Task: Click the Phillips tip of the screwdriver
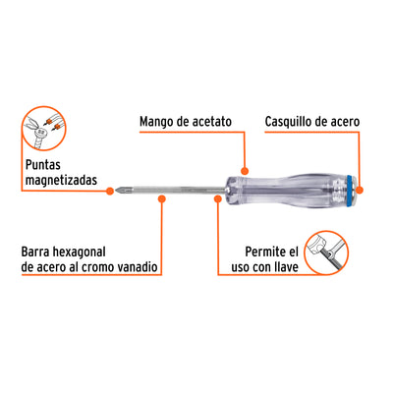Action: click(x=119, y=190)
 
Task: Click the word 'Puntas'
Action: click(x=43, y=165)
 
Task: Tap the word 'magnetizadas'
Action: click(x=61, y=180)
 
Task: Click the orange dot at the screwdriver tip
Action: click(x=110, y=191)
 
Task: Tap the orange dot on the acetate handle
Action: click(x=245, y=171)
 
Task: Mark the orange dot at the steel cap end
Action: click(x=360, y=191)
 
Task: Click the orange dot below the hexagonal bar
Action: click(x=162, y=198)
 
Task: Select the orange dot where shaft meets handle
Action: click(x=218, y=198)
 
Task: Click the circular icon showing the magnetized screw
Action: click(x=44, y=129)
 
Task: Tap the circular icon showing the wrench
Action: click(x=326, y=253)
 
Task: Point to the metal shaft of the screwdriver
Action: click(x=174, y=190)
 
